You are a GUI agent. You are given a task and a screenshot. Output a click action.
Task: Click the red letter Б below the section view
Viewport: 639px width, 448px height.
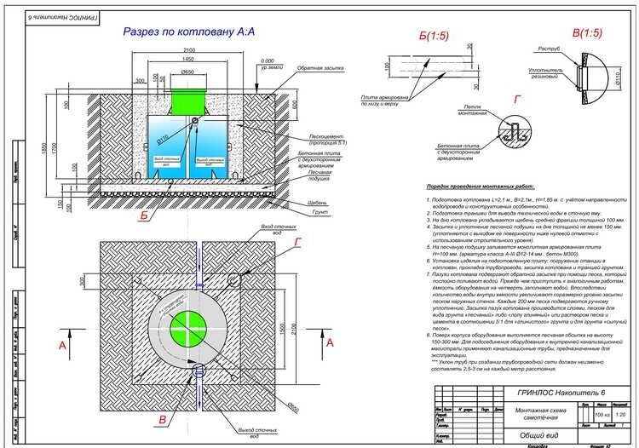[146, 216]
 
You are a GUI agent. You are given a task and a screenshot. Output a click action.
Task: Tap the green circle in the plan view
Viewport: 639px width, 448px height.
[187, 325]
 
